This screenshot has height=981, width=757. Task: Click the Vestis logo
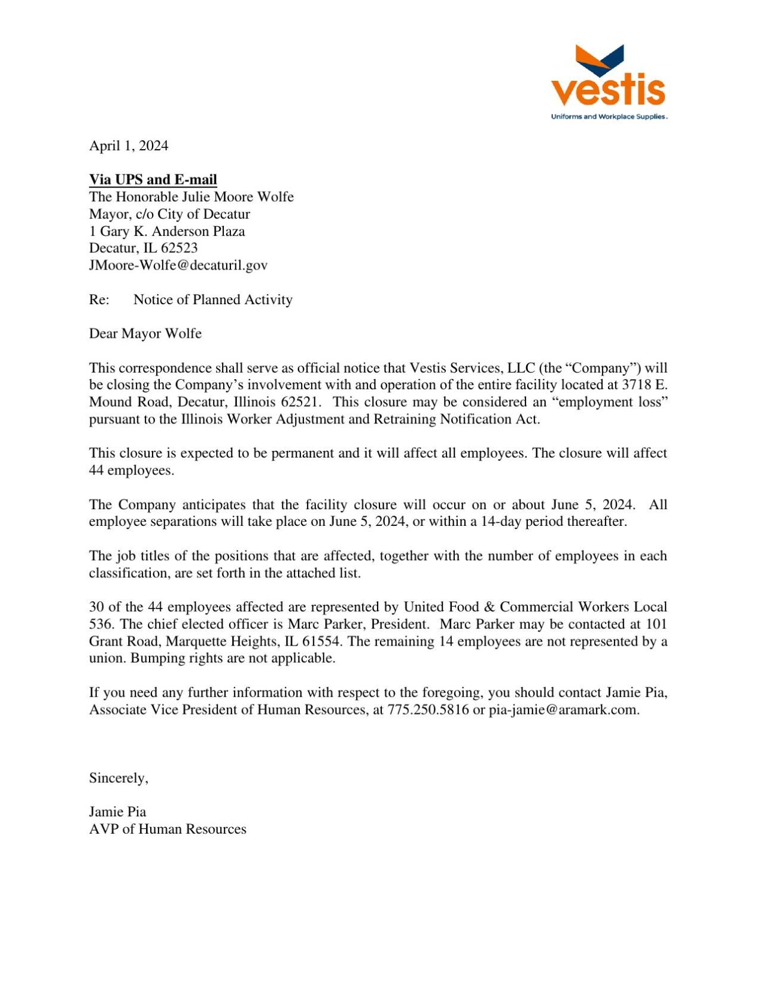coord(608,78)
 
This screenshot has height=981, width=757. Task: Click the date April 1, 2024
coord(129,146)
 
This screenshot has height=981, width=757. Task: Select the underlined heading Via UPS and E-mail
coord(153,180)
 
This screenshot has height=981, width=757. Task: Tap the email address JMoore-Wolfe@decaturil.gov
coord(178,265)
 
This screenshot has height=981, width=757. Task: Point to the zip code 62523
coord(179,248)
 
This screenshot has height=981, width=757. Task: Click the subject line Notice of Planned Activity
coord(212,299)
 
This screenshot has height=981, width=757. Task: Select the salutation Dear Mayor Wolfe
coord(145,334)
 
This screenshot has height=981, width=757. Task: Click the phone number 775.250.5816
coord(428,710)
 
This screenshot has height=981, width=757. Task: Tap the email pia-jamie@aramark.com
coord(564,710)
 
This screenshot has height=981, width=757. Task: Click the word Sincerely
coord(118,778)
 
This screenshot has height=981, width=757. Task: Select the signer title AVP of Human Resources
coord(168,829)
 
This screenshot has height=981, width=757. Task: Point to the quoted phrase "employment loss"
coord(610,402)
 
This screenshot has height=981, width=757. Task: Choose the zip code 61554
coord(320,641)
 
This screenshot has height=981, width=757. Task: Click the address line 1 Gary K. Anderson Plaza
coord(167,231)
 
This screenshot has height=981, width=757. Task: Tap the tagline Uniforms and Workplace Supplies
coord(609,117)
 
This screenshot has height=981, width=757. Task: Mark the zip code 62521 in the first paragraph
coord(299,402)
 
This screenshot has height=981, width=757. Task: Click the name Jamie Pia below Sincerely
coord(117,812)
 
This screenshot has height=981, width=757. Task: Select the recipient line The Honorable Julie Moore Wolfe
coord(191,197)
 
